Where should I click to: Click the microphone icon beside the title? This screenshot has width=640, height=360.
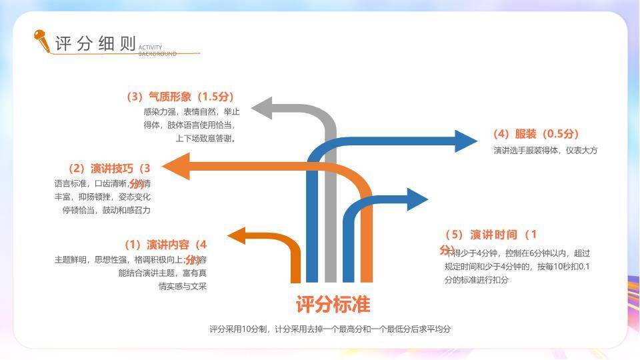[42, 41]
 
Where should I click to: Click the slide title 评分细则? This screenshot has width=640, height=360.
[95, 44]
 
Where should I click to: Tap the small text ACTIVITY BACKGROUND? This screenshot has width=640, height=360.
[157, 51]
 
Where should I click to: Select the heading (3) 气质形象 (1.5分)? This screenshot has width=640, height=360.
[180, 97]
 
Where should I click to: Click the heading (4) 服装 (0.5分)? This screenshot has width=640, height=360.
[536, 134]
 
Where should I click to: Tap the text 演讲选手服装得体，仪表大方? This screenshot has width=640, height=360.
[545, 151]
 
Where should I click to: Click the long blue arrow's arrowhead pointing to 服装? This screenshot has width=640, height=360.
[465, 141]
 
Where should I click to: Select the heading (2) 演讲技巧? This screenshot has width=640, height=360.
[109, 168]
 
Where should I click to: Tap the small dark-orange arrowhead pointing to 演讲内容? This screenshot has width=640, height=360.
[238, 236]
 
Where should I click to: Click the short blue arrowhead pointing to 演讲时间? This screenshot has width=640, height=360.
[417, 199]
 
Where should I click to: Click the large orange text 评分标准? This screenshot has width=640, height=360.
[333, 305]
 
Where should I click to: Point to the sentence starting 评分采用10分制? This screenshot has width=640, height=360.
[330, 329]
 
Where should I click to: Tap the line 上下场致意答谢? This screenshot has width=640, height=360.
[205, 139]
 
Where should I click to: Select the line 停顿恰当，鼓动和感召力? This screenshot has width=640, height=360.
[107, 210]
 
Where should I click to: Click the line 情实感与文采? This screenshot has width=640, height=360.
[182, 287]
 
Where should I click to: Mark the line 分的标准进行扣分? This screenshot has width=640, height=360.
[476, 280]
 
